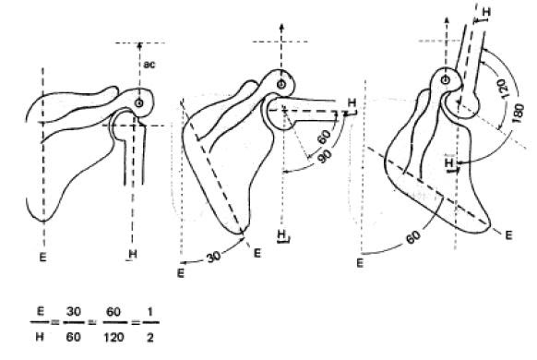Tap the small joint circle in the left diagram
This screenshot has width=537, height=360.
(x=139, y=103)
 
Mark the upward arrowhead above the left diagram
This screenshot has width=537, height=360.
(x=139, y=43)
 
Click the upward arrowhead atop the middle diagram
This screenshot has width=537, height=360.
(x=280, y=21)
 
